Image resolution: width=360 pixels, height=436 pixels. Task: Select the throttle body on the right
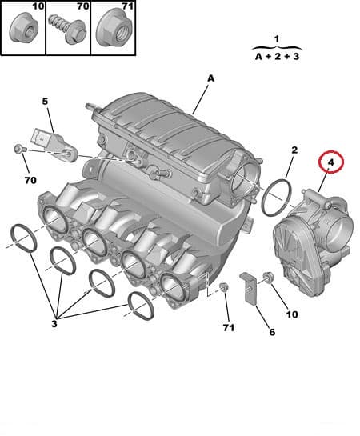(308, 248)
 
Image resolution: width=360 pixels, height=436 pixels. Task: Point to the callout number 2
(294, 150)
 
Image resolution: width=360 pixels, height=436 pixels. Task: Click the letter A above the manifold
(211, 78)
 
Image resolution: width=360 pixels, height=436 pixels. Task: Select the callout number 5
(46, 102)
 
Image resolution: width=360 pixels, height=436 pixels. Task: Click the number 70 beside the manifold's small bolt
(30, 180)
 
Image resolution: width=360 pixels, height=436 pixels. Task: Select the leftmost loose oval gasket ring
(22, 237)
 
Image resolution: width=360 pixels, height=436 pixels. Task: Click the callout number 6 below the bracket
(270, 332)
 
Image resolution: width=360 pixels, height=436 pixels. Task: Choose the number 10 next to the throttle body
(291, 314)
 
